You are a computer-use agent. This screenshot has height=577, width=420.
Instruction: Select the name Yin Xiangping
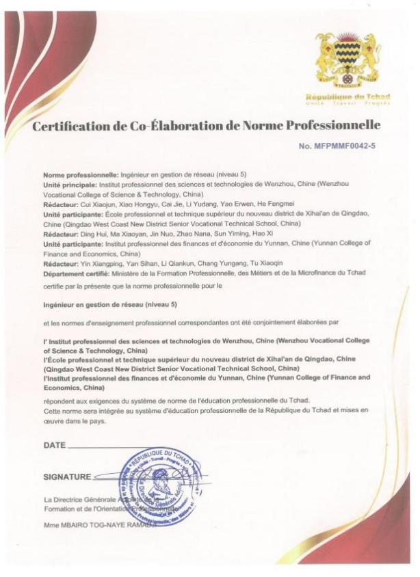coord(99,260)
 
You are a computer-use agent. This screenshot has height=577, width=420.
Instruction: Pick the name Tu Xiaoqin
coord(256,260)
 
